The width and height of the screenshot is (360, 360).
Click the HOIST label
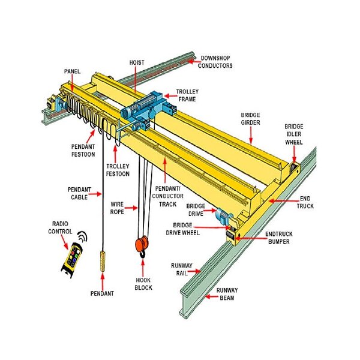(136, 62)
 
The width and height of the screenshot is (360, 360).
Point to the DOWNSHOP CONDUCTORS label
(216, 62)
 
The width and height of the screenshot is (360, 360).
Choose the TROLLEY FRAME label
(187, 95)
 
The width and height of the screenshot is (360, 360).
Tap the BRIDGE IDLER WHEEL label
(293, 134)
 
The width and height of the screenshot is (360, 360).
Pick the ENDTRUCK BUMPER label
(279, 238)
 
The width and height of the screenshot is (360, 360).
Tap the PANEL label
(72, 71)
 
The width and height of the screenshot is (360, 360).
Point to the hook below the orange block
(142, 257)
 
